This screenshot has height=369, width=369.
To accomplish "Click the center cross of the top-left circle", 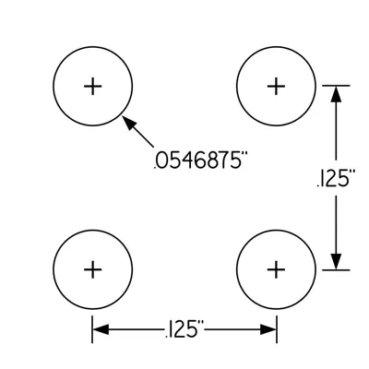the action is [93, 86].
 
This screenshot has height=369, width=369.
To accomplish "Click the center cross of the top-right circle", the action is [276, 86].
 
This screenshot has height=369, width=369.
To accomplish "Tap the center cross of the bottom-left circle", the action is [93, 269].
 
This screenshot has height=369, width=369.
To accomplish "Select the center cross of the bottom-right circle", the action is [276, 269].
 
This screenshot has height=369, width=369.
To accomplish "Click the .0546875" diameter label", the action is [200, 161].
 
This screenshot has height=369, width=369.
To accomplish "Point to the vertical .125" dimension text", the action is [336, 179].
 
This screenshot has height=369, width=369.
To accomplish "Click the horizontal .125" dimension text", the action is [184, 329].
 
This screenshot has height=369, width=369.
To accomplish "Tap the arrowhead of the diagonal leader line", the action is [129, 123].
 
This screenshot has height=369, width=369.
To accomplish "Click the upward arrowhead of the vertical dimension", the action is [336, 94].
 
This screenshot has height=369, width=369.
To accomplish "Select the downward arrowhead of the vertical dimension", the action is [336, 262].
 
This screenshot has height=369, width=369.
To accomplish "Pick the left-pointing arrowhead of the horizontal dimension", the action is [101, 329].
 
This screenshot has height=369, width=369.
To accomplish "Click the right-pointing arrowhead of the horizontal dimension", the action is [268, 329].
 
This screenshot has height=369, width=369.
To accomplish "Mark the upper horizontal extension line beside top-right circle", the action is [336, 86].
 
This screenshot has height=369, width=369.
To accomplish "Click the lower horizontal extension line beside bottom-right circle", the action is [336, 270].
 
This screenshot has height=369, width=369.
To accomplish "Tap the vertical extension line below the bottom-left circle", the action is [92, 329].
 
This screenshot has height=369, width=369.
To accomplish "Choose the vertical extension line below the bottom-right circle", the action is [277, 329].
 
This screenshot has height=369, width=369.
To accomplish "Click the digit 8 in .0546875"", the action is [210, 161].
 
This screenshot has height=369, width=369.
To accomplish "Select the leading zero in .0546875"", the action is [163, 161].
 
